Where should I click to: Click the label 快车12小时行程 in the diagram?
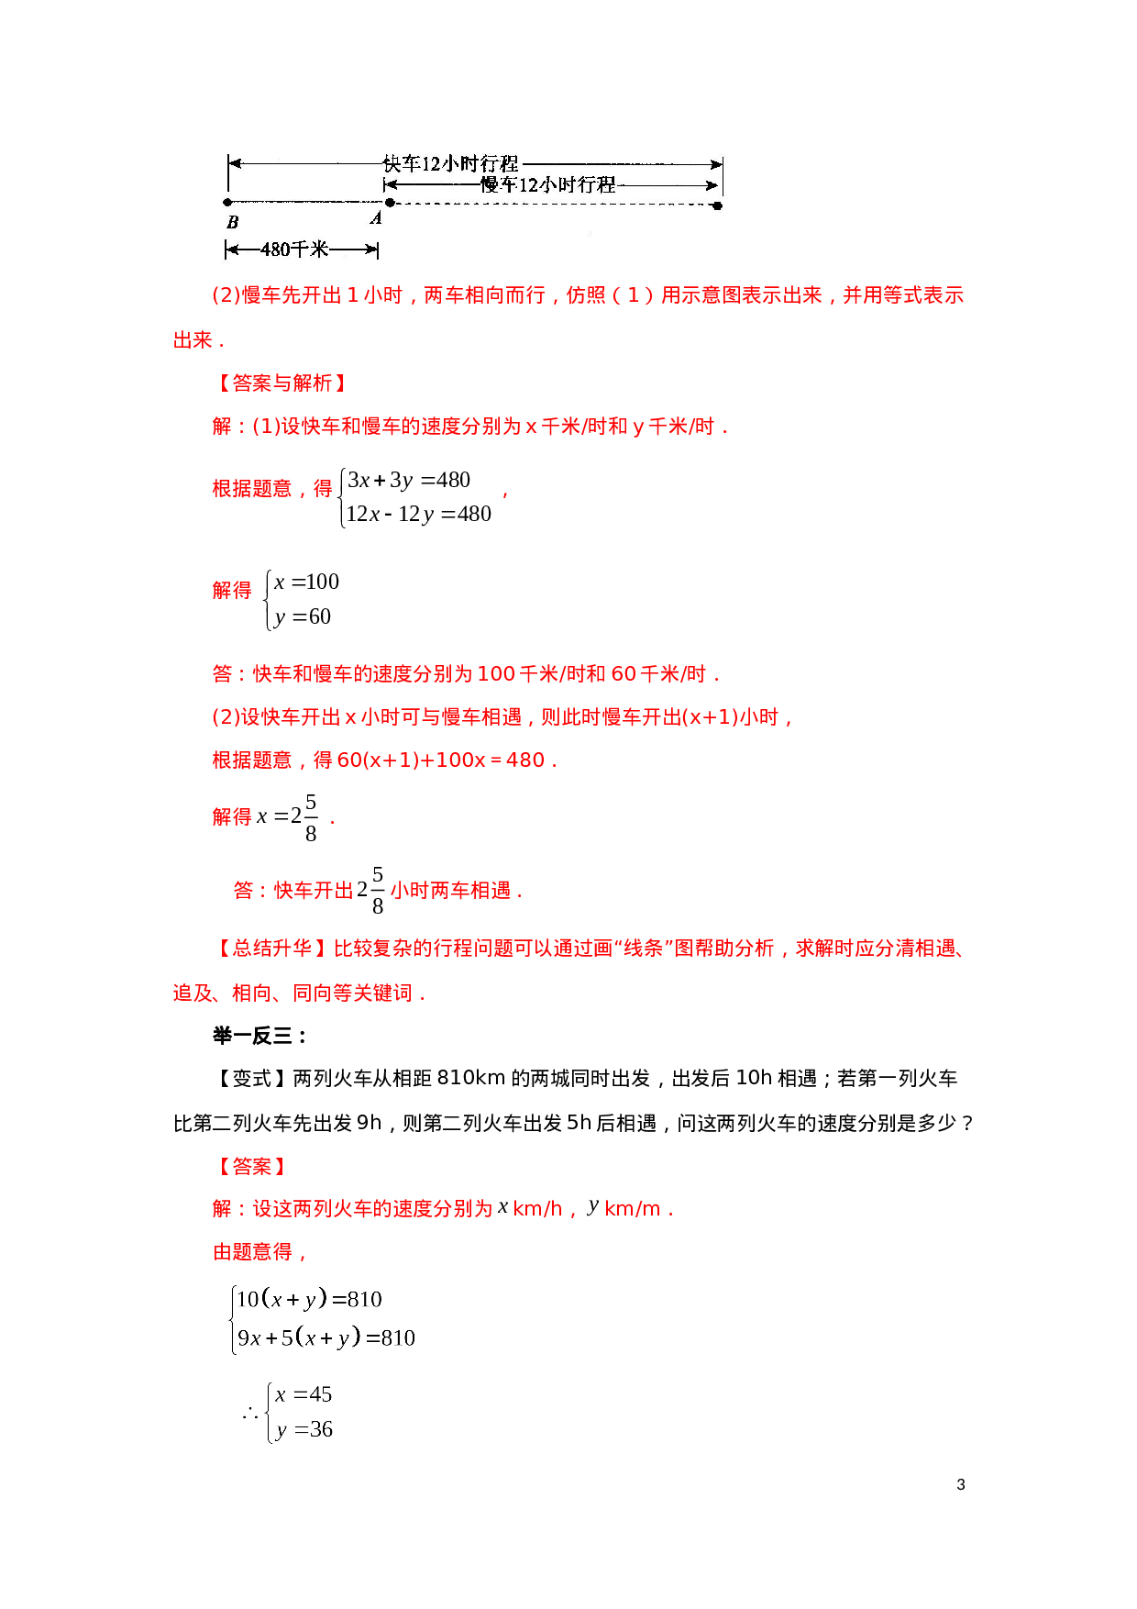pos(451,163)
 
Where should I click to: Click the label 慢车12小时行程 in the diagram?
pos(548,184)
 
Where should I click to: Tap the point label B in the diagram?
pos(232,222)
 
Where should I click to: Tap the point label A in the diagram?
pos(376,218)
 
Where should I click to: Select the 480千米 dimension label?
pos(294,249)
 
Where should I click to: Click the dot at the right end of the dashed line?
pos(717,205)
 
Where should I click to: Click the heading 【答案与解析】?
pos(281,383)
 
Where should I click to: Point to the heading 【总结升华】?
pos(271,949)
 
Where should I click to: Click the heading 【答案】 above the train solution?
pos(251,1167)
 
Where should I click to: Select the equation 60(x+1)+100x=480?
pos(441,760)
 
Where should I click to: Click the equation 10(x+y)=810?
pos(309,1300)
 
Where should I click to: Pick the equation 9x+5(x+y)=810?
pos(326,1338)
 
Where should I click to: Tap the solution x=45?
pos(304,1395)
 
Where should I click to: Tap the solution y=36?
pos(304,1430)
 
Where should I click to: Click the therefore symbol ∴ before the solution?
pos(250,1413)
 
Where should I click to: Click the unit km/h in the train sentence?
pos(537,1210)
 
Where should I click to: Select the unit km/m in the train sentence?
pos(633,1210)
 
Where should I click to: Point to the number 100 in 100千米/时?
pos(496,674)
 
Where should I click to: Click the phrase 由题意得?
pos(252,1252)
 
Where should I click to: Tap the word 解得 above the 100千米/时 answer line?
pos(232,591)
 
